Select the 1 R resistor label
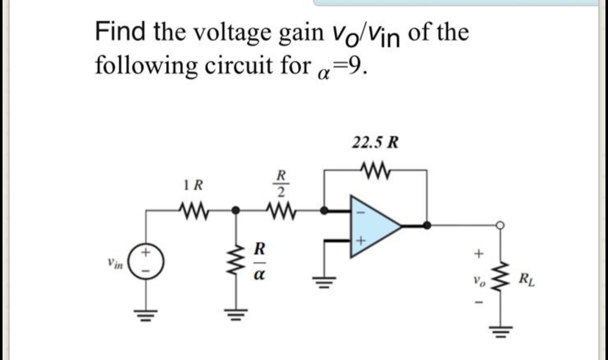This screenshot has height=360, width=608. coord(193,185)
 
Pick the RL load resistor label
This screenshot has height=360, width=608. coord(527,280)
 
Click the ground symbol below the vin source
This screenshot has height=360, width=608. coord(147,314)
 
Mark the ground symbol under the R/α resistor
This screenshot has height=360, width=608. coord(236,314)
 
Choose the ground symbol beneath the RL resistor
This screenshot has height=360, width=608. coord(501,330)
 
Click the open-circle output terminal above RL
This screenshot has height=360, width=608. coord(501,225)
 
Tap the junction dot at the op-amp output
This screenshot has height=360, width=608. coord(427,225)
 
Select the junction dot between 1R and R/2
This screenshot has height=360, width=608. coord(236,210)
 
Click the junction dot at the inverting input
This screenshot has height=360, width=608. coord(324,210)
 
